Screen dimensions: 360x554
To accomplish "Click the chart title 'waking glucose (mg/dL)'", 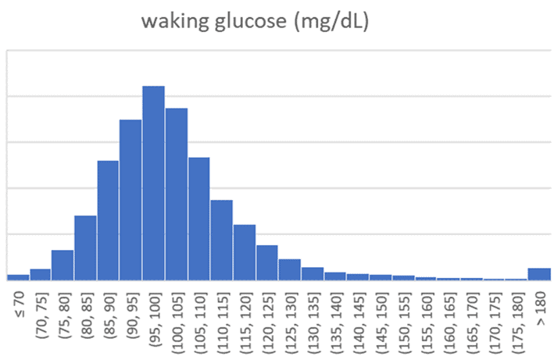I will [255, 21].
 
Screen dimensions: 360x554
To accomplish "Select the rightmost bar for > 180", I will [539, 273].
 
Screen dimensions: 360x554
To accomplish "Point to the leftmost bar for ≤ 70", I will [17, 276].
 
